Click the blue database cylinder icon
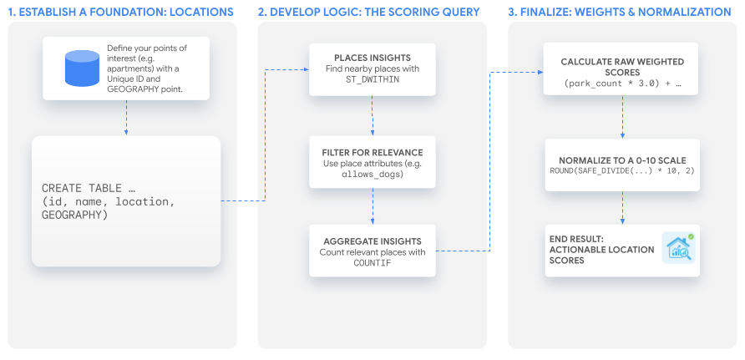81,68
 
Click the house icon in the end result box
678,249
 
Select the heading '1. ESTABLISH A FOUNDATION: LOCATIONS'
122,11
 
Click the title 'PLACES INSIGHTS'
372,57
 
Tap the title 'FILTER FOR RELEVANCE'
372,152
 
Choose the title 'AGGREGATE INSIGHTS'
372,241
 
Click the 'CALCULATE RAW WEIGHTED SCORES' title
622,68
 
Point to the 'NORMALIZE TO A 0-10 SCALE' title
621,160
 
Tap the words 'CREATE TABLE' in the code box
76,188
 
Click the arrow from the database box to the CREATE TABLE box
125,117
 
